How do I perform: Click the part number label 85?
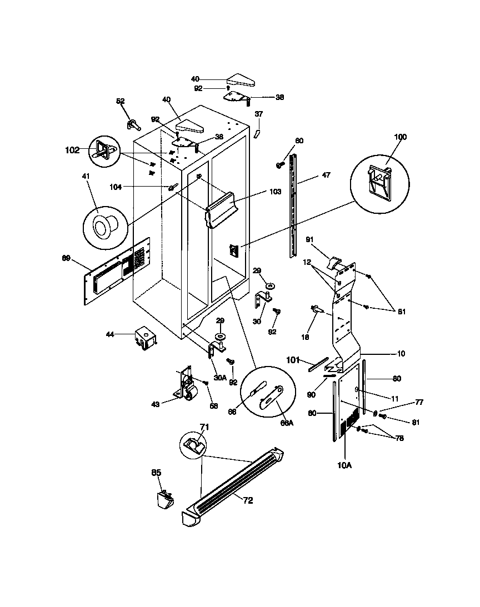click(x=156, y=473)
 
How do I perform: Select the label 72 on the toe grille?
click(x=248, y=500)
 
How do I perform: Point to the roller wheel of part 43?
click(x=193, y=395)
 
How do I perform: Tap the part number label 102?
click(x=72, y=149)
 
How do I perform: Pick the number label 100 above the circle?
click(x=400, y=137)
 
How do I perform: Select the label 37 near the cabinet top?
click(x=258, y=114)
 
